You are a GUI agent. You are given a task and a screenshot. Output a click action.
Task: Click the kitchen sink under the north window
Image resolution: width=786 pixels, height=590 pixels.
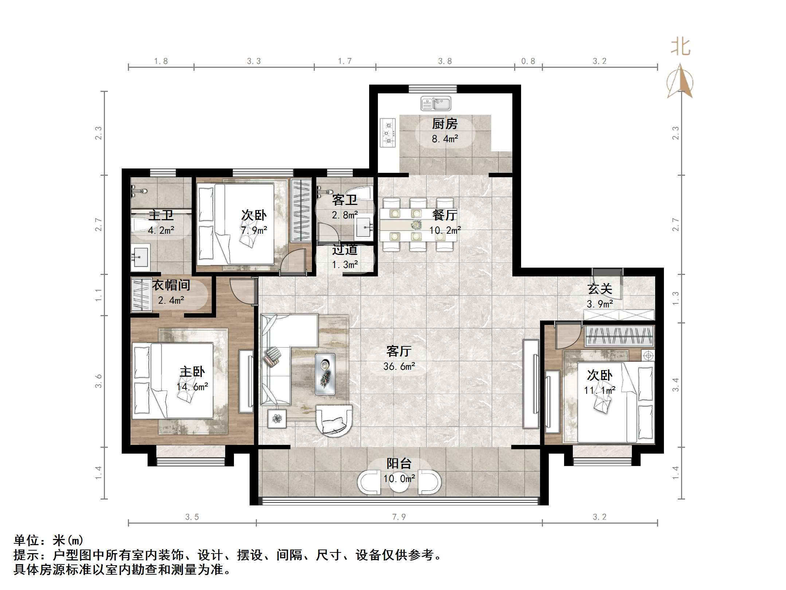click(x=436, y=104)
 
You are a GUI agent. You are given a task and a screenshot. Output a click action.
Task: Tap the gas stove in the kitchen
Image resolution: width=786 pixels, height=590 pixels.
click(x=388, y=133)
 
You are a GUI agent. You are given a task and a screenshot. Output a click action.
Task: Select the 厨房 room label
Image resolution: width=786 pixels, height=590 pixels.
click(x=445, y=124)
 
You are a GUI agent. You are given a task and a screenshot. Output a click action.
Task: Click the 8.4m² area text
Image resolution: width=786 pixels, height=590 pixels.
click(x=445, y=139)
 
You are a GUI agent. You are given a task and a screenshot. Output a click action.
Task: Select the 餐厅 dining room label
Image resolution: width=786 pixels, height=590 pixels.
click(x=445, y=215)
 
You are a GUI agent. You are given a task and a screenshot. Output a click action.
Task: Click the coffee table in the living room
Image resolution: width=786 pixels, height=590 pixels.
click(x=325, y=374)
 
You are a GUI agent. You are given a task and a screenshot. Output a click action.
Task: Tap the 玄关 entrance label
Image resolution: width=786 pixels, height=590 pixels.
click(x=599, y=289)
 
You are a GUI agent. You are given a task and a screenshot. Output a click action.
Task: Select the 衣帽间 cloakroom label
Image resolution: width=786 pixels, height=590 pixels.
click(x=171, y=285)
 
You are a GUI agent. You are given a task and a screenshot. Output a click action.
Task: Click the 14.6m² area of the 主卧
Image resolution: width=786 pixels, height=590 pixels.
click(x=192, y=387)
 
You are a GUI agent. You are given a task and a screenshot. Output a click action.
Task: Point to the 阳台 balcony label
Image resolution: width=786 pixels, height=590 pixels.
click(x=399, y=463)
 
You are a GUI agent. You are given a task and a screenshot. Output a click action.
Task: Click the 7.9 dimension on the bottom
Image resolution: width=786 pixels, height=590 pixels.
click(x=399, y=517)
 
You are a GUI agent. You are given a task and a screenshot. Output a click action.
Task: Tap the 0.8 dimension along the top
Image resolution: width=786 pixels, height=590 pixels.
click(x=528, y=61)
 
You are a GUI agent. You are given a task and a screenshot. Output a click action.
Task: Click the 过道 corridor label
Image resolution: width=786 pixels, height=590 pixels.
click(x=345, y=250)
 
